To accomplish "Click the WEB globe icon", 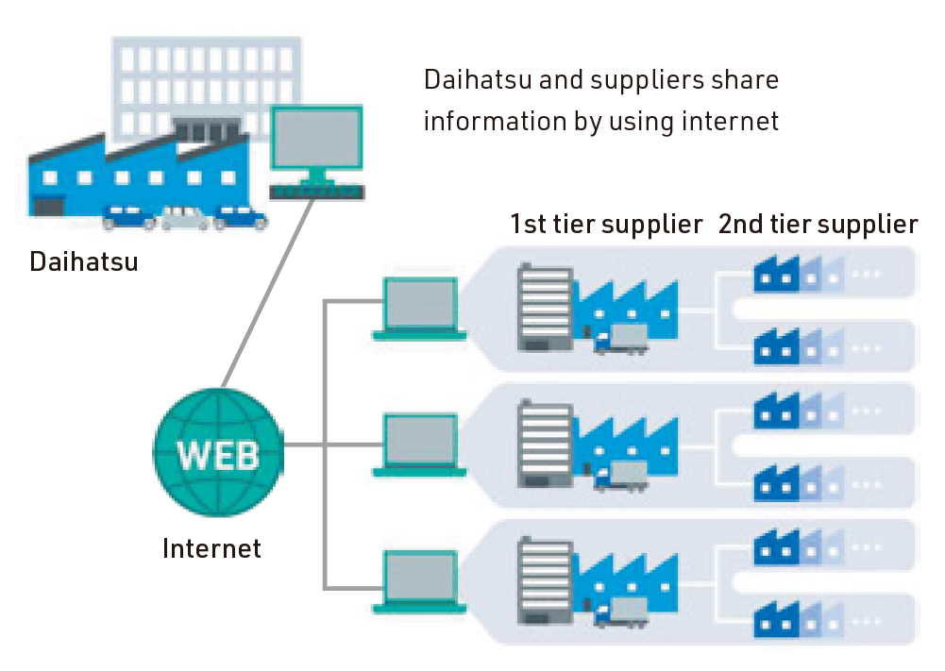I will click(x=218, y=456).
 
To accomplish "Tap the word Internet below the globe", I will click(x=211, y=548).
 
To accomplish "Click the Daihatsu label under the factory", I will click(x=84, y=261).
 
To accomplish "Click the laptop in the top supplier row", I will click(x=420, y=308).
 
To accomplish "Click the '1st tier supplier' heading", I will click(x=606, y=225).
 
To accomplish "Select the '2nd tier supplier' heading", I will click(x=818, y=225).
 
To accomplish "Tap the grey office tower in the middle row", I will click(x=546, y=445).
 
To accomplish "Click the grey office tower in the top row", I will click(x=546, y=310).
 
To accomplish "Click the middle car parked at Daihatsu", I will click(x=185, y=220).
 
